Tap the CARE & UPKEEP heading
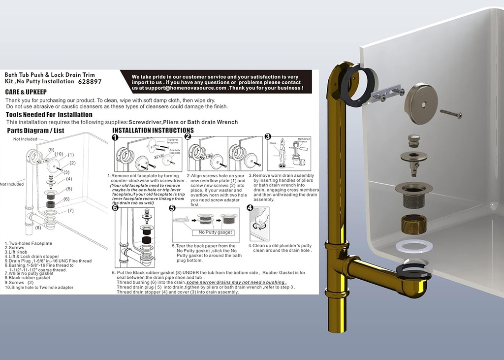26,92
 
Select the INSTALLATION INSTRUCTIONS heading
153,131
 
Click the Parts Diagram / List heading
35,131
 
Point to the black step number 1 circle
115,137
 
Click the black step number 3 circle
268,137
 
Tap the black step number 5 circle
172,208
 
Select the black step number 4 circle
250,208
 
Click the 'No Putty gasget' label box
216,232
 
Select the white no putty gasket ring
414,246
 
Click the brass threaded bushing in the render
414,225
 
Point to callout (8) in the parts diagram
38,228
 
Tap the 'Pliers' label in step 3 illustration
274,142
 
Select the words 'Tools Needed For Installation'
49,115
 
